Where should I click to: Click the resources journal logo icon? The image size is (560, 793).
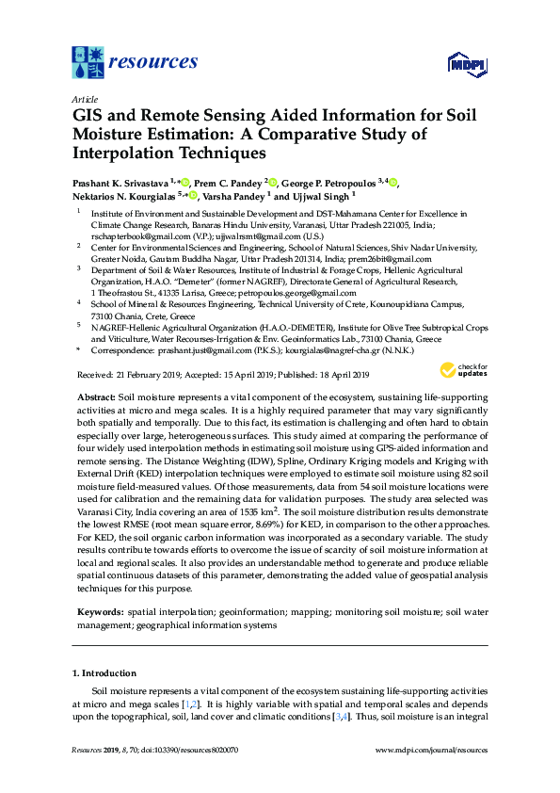click(88, 62)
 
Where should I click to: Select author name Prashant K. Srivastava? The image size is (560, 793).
click(120, 182)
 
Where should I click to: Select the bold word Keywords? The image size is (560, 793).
click(99, 611)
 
